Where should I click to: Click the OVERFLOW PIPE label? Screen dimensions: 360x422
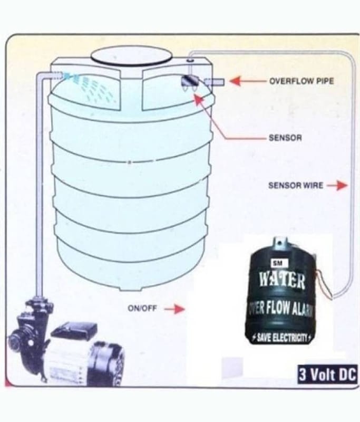point(301,81)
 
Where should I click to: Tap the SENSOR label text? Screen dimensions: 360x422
point(285,138)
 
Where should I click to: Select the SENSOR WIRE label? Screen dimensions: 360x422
point(296,185)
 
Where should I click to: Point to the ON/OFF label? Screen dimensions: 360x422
point(142,308)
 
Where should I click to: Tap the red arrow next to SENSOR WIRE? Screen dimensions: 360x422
point(337,185)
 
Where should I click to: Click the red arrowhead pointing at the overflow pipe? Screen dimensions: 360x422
point(235,81)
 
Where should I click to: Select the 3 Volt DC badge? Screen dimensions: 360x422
point(328,375)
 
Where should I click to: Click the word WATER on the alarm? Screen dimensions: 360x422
point(282,281)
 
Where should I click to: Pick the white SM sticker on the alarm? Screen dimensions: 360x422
point(278,264)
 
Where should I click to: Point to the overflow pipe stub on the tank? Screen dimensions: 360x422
point(215,82)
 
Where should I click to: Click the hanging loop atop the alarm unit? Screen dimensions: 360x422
point(279,242)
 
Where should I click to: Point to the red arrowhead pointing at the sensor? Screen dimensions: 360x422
point(199,100)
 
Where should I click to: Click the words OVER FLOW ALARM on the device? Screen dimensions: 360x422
point(280,309)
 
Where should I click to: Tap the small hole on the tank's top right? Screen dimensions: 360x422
point(190,60)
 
